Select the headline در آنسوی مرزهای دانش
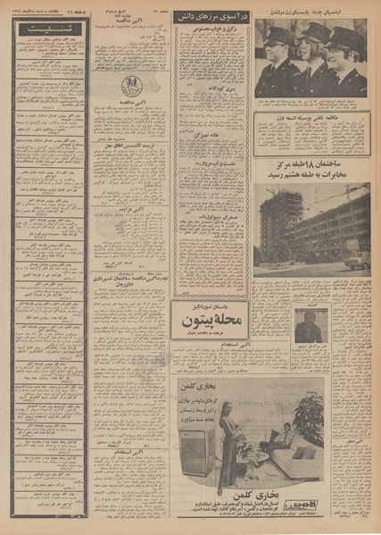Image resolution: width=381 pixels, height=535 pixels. tap(212, 15)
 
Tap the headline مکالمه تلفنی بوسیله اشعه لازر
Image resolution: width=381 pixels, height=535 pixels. tap(312, 114)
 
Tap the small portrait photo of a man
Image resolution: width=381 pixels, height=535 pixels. tap(309, 327)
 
